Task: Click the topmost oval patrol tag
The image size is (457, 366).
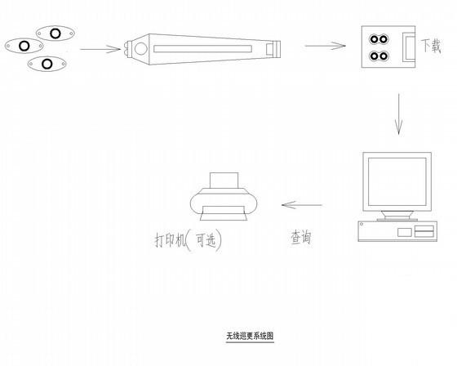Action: (55, 33)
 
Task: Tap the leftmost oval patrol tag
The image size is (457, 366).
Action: (24, 46)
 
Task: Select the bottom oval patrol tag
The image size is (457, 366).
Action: (47, 64)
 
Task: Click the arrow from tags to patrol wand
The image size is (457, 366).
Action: (100, 49)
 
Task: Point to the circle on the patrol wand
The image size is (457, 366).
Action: (141, 49)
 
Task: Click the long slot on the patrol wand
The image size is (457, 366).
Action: (202, 49)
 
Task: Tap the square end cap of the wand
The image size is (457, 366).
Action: (273, 48)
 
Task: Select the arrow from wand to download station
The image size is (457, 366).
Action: (326, 46)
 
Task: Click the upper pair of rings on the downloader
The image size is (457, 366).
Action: (379, 39)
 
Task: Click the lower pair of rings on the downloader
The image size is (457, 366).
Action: (379, 56)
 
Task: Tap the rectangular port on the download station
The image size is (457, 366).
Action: (409, 47)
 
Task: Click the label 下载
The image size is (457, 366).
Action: (431, 46)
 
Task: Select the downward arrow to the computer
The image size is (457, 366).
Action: (399, 114)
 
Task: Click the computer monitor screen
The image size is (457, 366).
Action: (397, 181)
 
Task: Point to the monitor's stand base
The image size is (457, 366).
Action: (397, 220)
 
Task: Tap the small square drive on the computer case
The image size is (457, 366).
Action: (405, 232)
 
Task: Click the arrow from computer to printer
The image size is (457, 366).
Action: (302, 205)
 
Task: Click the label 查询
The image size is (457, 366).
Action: (301, 237)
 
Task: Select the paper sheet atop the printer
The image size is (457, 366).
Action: (224, 181)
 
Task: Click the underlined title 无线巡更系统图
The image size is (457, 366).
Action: (250, 336)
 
